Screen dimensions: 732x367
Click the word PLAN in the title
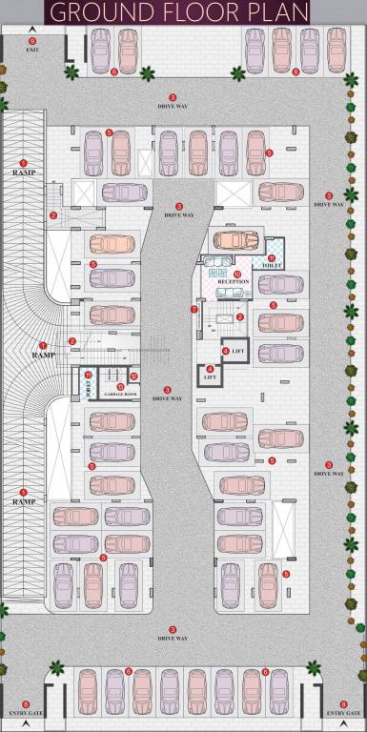pos(280,11)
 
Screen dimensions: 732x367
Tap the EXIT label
pos(32,50)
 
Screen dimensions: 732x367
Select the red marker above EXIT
pos(32,41)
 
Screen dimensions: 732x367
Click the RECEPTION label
pos(233,282)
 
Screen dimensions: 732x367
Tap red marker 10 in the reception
pos(235,274)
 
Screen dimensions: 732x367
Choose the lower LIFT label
pos(211,377)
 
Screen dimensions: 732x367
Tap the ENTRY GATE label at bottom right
pos(342,713)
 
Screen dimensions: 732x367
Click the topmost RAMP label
pos(25,173)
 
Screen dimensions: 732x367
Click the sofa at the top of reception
pos(222,262)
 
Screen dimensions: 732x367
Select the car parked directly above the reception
pos(232,239)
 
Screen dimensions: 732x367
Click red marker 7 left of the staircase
pos(194,309)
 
